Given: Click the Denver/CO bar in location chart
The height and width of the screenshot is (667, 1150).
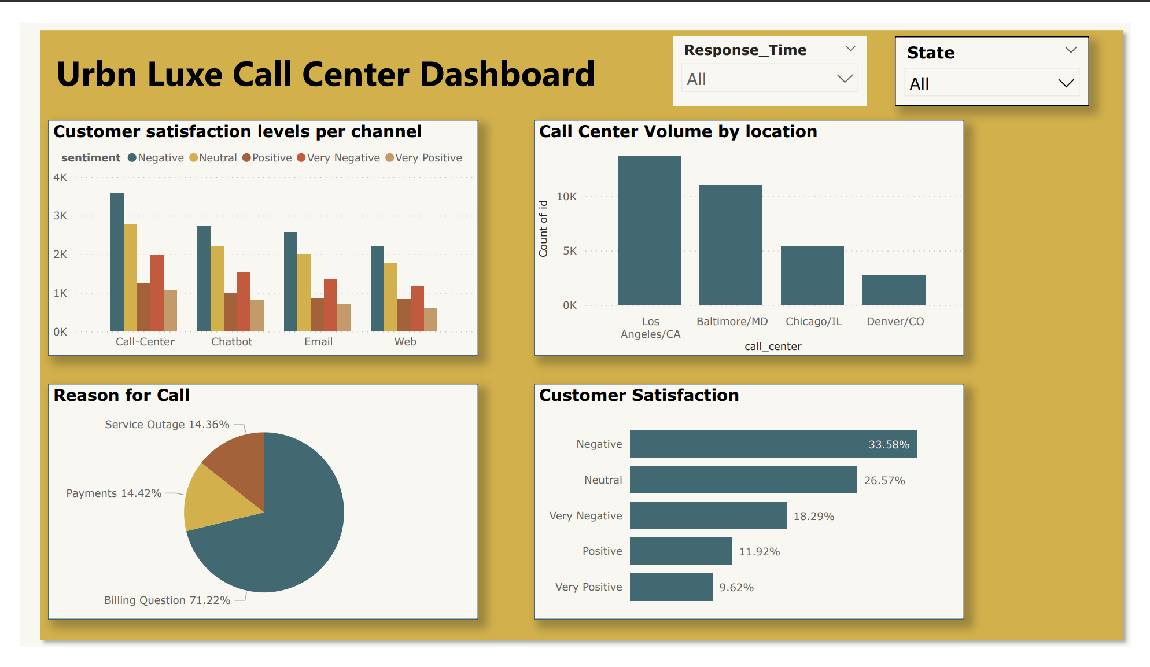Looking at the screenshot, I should [894, 290].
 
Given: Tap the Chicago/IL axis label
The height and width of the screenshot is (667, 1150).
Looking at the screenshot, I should [813, 322].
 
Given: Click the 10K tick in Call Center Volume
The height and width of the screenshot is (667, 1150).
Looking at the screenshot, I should [566, 197].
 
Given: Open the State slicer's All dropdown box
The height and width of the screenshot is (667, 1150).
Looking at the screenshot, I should [991, 84].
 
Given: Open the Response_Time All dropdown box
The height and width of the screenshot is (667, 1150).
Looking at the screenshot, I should [769, 79].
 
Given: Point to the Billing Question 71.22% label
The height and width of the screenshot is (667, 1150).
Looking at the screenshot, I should [167, 600].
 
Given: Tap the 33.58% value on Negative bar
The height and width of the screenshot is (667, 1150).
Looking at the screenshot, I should [889, 444].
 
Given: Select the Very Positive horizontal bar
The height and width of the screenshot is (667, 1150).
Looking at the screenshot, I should [671, 587].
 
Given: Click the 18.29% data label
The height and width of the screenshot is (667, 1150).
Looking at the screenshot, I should [813, 516].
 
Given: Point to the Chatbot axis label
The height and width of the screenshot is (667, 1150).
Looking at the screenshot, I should [231, 342].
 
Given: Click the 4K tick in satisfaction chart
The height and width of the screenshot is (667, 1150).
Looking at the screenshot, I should [60, 178].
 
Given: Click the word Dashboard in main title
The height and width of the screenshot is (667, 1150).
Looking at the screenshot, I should [507, 75].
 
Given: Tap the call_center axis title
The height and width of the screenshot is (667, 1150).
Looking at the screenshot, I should [773, 347].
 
